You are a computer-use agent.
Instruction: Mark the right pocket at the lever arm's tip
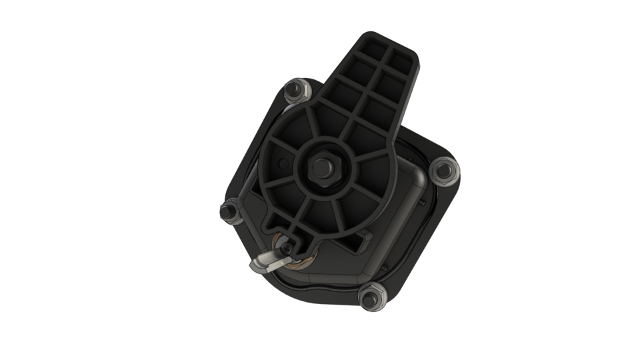401,62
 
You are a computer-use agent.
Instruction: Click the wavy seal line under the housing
320,294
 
